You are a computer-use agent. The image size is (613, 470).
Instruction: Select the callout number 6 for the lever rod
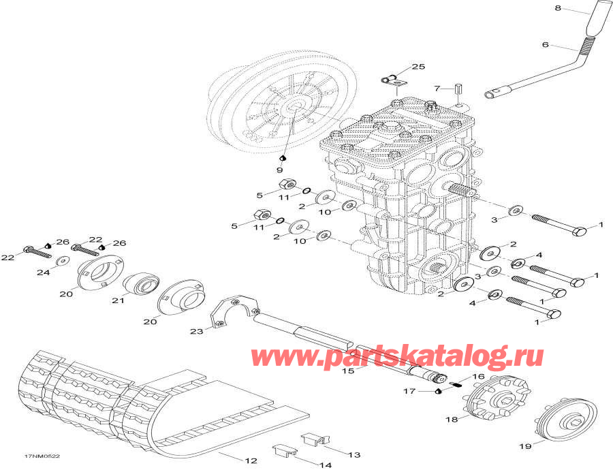(545, 46)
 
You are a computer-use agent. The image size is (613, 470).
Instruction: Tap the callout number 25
(418, 67)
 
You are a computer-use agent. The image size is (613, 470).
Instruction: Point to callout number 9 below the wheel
(279, 170)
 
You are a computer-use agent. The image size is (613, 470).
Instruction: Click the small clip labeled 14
(283, 450)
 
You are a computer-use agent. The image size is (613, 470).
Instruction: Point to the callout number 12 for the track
(251, 461)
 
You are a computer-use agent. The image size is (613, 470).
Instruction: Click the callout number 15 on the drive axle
(348, 371)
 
